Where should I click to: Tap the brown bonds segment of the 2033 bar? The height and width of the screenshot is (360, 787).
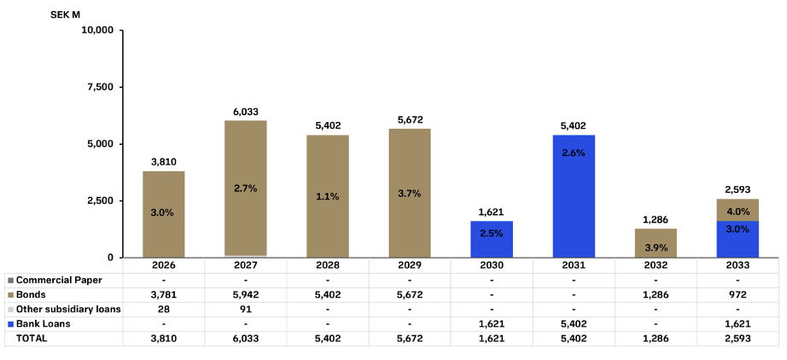click(737, 210)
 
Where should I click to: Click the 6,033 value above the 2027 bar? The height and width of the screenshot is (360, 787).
click(246, 111)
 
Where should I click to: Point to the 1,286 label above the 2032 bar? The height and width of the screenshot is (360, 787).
click(656, 219)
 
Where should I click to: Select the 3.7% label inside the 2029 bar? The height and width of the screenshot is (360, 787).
click(410, 195)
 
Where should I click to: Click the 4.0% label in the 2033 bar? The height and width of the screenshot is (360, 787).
click(737, 211)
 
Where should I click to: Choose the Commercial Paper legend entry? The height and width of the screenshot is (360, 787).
click(58, 280)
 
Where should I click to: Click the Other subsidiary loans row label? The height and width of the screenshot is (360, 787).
click(68, 309)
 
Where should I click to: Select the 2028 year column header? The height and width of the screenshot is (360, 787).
click(328, 265)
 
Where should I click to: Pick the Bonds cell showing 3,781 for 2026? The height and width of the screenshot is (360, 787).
click(164, 294)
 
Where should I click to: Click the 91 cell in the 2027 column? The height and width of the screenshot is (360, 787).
click(246, 309)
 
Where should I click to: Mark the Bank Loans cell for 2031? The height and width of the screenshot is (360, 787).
click(574, 323)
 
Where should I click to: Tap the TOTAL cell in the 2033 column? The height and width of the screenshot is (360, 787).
click(737, 338)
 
